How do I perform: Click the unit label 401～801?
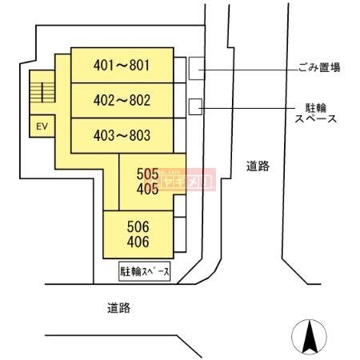[122, 65]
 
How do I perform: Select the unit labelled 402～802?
[122, 101]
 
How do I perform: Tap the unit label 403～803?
[122, 135]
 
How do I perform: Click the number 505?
[147, 173]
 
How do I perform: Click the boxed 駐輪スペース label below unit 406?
[145, 272]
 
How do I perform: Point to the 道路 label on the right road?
[257, 166]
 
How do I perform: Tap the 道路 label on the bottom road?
[118, 307]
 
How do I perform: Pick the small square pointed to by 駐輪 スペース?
[194, 106]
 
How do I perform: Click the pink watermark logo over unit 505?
[186, 179]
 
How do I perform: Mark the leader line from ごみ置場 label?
[248, 71]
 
